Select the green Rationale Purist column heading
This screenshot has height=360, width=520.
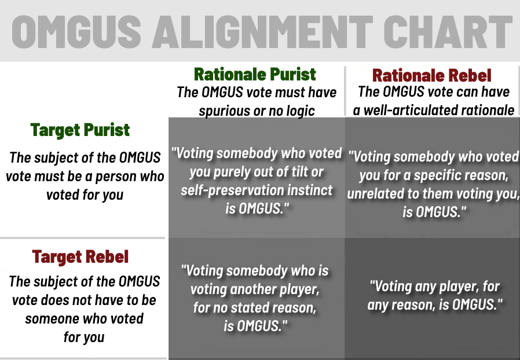tap(255, 74)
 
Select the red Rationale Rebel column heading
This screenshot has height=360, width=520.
tap(432, 75)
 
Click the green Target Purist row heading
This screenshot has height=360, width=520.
tap(80, 130)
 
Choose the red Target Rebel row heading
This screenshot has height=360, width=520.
tap(80, 256)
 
